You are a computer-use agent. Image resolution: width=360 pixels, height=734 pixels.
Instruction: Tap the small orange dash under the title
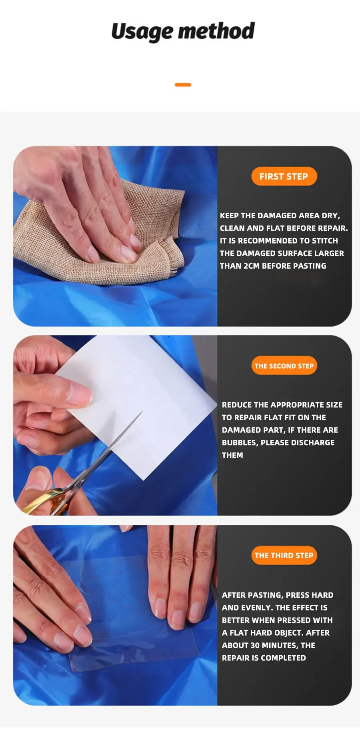tap(183, 85)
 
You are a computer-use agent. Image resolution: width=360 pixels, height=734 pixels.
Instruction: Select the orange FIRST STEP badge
tap(284, 176)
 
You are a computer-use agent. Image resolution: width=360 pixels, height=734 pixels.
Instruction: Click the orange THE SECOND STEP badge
tap(284, 366)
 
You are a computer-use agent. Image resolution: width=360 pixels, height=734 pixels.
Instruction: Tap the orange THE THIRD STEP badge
tap(284, 555)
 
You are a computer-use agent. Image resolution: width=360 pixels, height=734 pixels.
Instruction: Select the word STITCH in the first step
tap(325, 241)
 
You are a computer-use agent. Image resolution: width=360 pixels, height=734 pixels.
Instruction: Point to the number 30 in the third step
tap(256, 645)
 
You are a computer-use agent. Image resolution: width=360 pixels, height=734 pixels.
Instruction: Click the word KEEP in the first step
tap(229, 215)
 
